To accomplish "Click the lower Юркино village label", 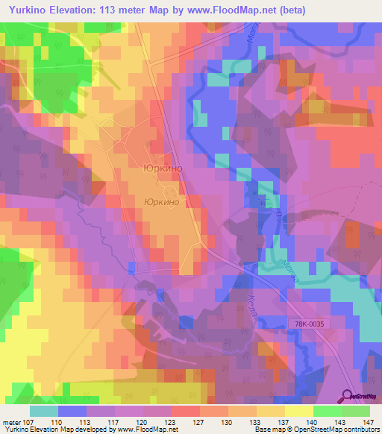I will pos(161,202).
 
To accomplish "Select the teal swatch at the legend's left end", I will pos(44,410).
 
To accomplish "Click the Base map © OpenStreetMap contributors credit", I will pos(317,430).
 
